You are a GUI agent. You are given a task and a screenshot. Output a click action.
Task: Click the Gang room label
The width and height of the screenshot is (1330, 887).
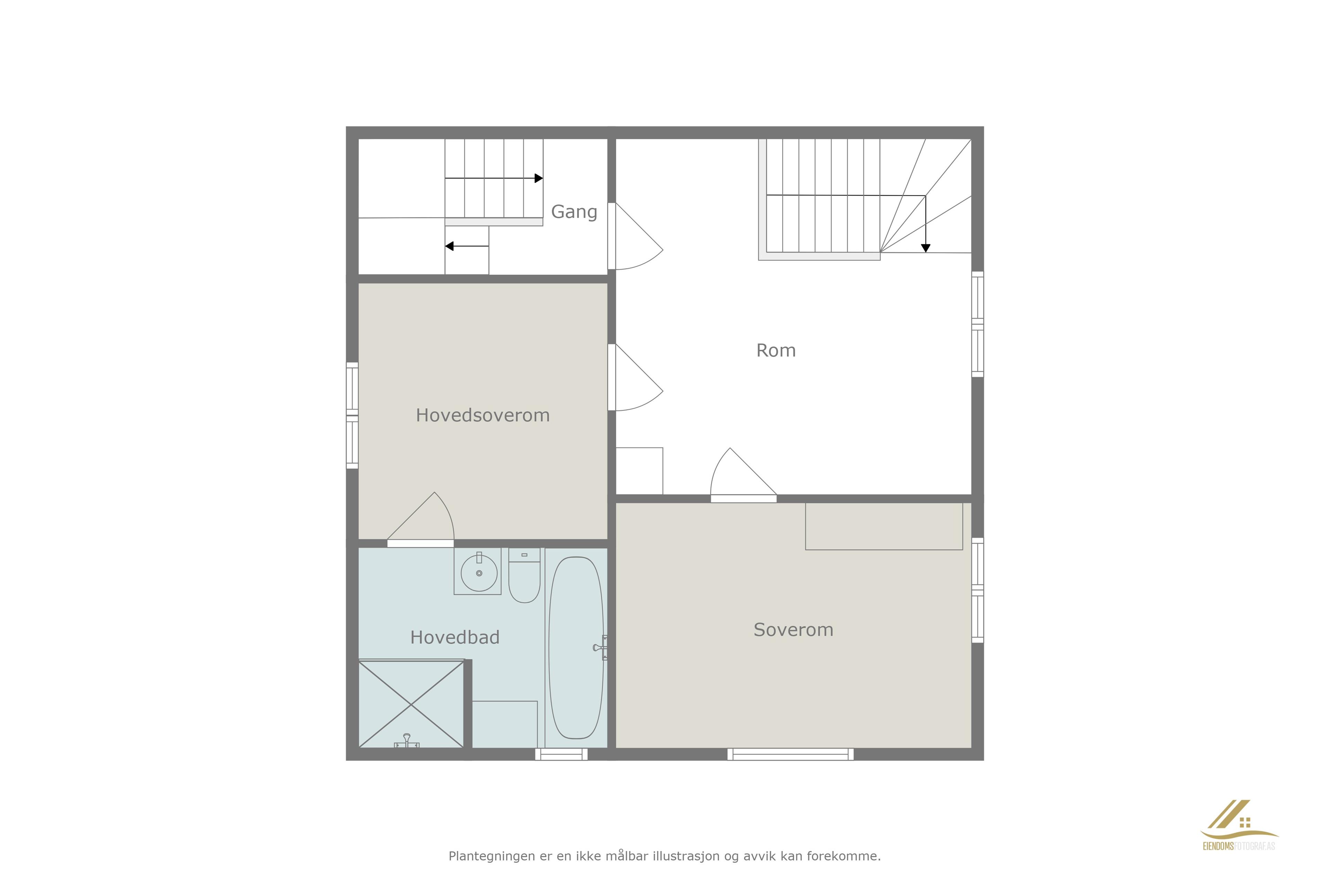coord(574,212)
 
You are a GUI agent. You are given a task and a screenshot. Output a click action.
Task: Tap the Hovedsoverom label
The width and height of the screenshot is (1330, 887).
coord(482,415)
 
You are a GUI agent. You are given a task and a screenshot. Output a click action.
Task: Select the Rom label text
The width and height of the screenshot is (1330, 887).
coord(776,351)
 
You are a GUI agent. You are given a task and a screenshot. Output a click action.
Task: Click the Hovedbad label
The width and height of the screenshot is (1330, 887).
coord(455,638)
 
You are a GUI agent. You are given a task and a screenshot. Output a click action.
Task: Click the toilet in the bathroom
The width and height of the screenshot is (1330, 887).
coord(524,575)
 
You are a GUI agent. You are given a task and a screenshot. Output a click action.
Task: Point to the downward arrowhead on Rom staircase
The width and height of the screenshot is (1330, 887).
coord(926,248)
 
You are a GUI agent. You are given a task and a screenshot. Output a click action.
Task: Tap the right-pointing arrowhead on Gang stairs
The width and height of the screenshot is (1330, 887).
coord(539,178)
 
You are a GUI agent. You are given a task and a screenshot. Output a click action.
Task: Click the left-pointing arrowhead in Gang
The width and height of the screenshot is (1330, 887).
coord(449,246)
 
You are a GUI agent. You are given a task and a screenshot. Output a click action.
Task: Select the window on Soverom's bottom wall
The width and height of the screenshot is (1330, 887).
coord(790,754)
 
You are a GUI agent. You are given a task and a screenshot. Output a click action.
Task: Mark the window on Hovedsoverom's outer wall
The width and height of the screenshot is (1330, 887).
coord(352,416)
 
